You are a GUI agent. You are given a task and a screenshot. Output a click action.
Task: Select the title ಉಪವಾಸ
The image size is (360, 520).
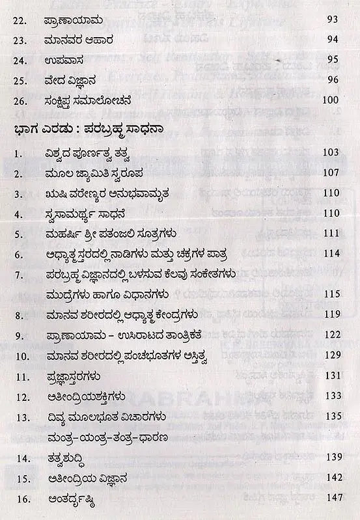tap(66, 62)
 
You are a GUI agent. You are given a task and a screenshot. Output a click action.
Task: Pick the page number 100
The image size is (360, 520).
tap(331, 101)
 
